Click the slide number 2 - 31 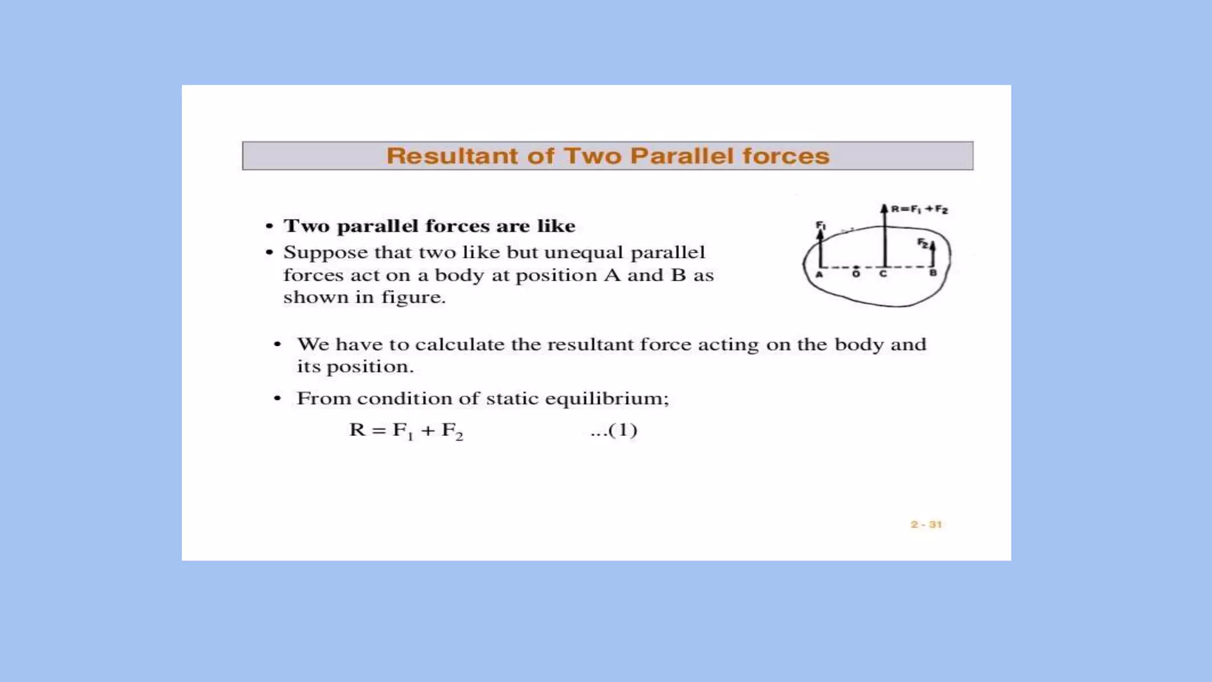(x=926, y=525)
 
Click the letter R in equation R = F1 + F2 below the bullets (x=357, y=430)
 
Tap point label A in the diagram (x=820, y=274)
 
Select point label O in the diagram (x=856, y=274)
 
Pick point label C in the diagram (x=883, y=274)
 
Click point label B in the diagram (x=933, y=274)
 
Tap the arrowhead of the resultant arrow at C (x=884, y=208)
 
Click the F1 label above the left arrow (x=821, y=225)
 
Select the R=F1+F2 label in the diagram (x=920, y=209)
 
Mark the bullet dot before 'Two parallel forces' (x=270, y=226)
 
